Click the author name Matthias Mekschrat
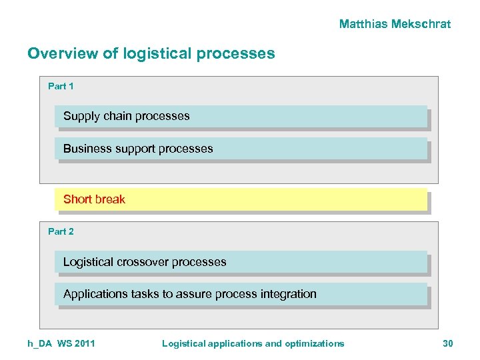pos(395,24)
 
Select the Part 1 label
pos(61,86)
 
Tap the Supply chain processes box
pos(240,116)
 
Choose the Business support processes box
pos(240,149)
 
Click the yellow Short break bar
pos(240,199)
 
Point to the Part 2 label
pos(61,231)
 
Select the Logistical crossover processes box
pos(240,262)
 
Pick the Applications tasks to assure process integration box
pos(240,294)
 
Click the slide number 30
pos(447,343)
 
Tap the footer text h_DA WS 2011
pos(61,343)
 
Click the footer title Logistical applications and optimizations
pos(253,343)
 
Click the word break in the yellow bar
pos(109,199)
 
